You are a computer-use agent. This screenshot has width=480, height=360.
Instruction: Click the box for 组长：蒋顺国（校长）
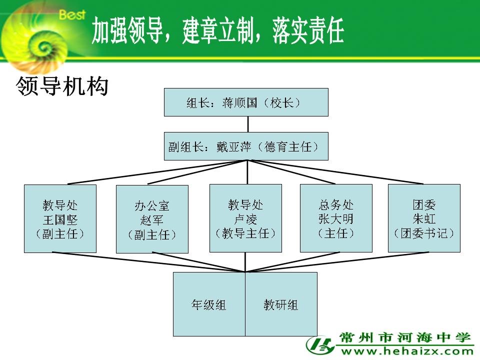[x=246, y=102]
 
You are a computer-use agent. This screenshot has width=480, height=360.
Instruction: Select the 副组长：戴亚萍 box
[x=246, y=146]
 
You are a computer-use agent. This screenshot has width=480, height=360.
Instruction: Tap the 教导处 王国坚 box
[x=60, y=218]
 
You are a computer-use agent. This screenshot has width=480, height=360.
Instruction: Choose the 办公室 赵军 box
[x=152, y=219]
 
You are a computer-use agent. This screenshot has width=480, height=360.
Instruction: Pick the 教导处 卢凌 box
[x=245, y=218]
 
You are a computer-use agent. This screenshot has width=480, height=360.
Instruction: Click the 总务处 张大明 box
[x=336, y=218]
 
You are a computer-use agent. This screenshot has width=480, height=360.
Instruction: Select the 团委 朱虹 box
[x=424, y=218]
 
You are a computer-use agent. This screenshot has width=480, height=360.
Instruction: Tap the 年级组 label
[x=209, y=305]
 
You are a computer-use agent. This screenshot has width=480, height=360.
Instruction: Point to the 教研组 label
[x=280, y=305]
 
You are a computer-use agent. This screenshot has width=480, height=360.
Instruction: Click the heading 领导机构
[x=62, y=86]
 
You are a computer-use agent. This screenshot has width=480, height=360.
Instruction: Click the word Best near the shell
[x=72, y=14]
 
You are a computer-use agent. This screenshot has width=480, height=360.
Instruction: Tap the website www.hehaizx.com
[x=407, y=351]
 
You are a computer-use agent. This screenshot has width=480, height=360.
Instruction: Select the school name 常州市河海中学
[x=404, y=338]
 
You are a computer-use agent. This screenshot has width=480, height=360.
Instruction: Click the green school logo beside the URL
[x=320, y=345]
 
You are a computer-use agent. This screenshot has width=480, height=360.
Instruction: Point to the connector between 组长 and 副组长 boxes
[x=247, y=124]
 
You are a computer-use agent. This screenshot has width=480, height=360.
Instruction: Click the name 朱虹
[x=424, y=219]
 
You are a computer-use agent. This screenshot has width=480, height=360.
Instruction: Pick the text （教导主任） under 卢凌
[x=245, y=233]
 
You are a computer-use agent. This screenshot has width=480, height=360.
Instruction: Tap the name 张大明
[x=336, y=219]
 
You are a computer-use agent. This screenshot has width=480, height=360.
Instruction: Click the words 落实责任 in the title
[x=308, y=30]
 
